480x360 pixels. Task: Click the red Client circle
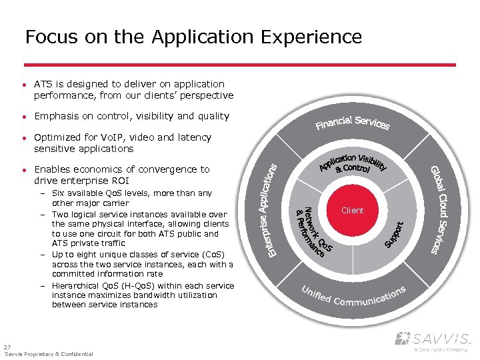(x=352, y=210)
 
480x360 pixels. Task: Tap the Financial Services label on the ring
(x=353, y=123)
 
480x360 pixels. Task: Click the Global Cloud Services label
(x=443, y=209)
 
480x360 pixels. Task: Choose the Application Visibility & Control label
(x=353, y=163)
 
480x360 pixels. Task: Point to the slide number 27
(x=7, y=347)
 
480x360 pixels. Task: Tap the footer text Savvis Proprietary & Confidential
(x=49, y=354)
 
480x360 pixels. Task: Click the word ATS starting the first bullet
(x=43, y=84)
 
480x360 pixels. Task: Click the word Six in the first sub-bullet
(x=58, y=193)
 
